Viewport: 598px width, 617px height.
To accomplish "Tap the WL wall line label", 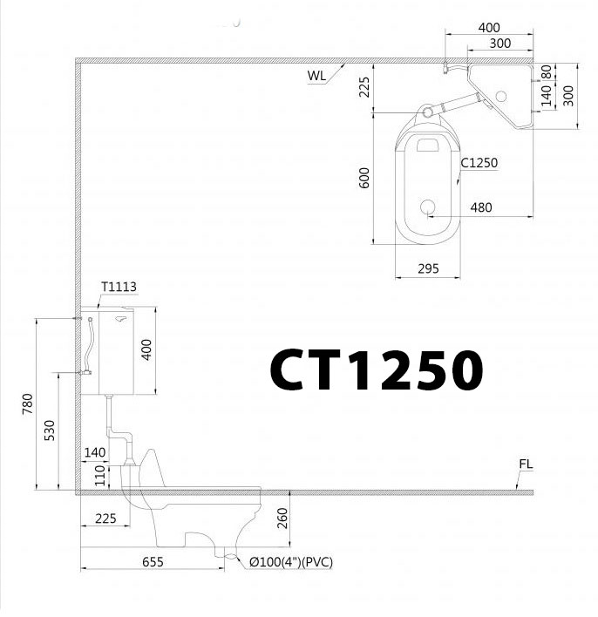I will [316, 75].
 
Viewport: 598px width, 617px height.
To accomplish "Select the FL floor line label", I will [525, 464].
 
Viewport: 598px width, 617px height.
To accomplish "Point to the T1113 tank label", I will [119, 286].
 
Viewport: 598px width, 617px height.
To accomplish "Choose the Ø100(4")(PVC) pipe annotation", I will [290, 563].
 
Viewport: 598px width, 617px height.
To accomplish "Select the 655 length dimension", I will [153, 563].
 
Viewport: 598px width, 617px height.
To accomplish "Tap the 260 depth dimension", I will [282, 519].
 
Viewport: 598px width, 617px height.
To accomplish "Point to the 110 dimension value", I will [100, 475].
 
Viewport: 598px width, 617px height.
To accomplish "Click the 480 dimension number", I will [480, 207].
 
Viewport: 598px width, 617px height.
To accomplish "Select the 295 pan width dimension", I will [428, 269].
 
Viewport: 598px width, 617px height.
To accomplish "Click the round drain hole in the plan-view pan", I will [428, 207].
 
